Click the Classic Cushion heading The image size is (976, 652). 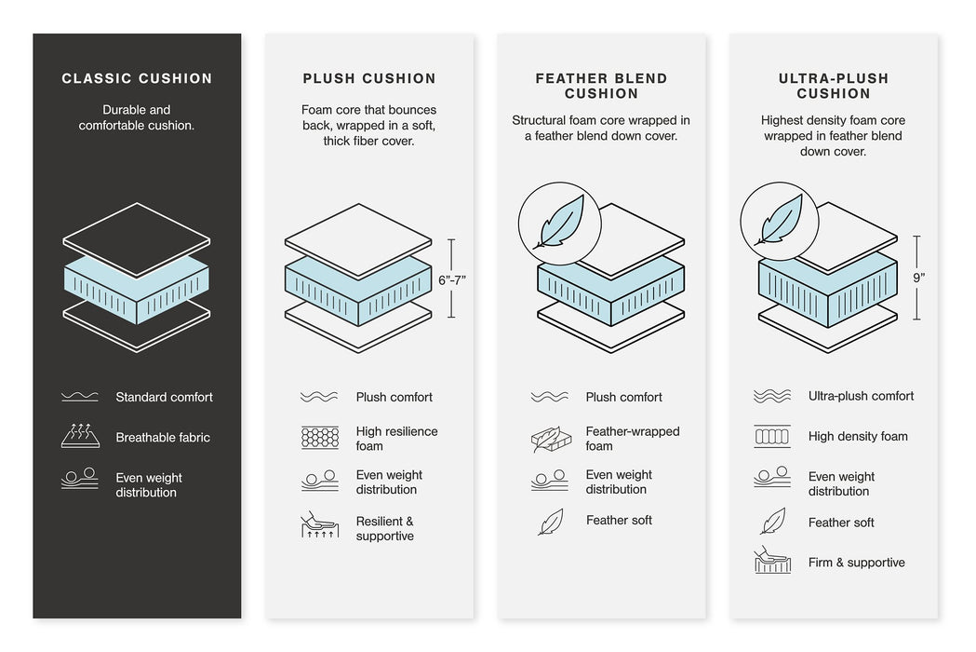(137, 79)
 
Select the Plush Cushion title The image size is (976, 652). (369, 79)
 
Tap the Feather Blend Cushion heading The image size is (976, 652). (601, 86)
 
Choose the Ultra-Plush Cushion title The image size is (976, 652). (833, 86)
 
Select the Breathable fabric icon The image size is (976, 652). (80, 436)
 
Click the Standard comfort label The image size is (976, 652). (164, 398)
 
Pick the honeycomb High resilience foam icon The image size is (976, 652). (319, 438)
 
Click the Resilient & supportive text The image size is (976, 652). (384, 529)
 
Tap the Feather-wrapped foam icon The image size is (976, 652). (549, 439)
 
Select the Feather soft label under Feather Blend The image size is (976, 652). (619, 521)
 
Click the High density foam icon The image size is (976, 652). (772, 436)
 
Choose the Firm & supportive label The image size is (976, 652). (856, 563)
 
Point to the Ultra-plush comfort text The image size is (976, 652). (861, 397)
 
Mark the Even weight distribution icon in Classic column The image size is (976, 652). (80, 480)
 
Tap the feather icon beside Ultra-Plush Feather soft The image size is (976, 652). (772, 522)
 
